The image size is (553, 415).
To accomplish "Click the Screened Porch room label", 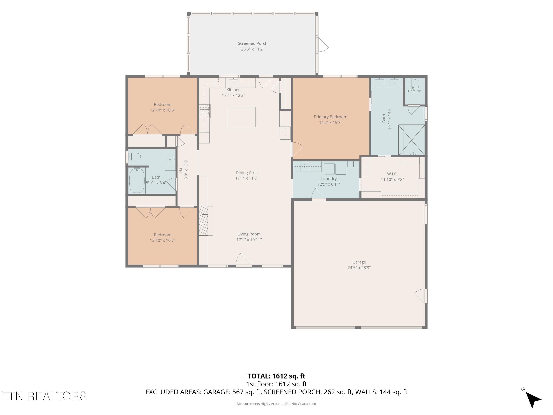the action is point(253,43).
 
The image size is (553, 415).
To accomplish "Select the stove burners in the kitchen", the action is point(205,111).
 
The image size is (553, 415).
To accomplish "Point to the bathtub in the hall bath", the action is point(137,180).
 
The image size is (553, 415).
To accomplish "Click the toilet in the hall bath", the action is point(134,157).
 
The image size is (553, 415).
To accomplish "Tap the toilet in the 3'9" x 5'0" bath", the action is point(415,83).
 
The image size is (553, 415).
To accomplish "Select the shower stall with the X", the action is point(411,140).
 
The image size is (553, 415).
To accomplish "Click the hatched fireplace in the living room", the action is point(203,221).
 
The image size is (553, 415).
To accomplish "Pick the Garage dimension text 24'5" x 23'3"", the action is point(359,267).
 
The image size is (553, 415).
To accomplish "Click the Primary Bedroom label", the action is point(331,117).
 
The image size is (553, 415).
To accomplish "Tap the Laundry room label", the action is point(329,179).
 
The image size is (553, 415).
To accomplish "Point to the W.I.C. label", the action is point(392,174).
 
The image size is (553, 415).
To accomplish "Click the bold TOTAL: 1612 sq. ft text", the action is point(276,376).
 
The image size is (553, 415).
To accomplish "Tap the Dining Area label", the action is point(246,173).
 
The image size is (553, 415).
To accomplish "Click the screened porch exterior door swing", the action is point(323,45).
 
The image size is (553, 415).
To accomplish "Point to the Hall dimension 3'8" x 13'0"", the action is point(186,169).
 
